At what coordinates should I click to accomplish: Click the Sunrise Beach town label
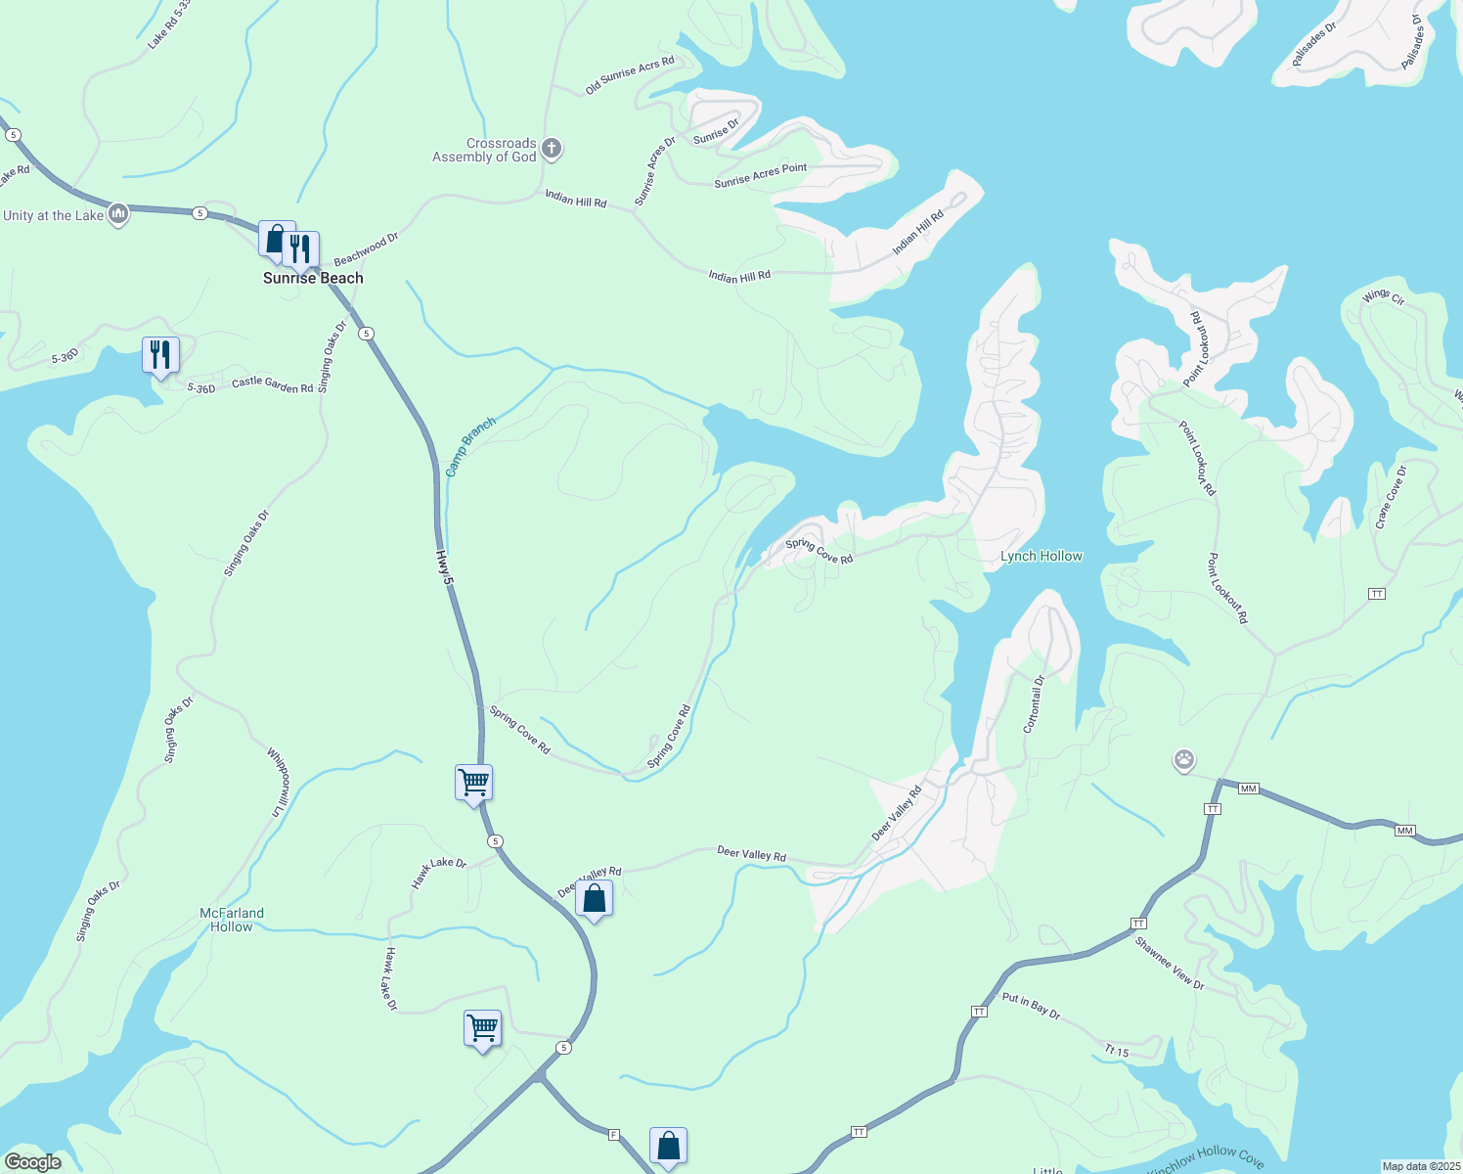[313, 278]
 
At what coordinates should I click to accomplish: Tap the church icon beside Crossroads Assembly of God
[552, 149]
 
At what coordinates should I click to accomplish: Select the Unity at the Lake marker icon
[118, 214]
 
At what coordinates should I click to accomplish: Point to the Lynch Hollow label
[1041, 556]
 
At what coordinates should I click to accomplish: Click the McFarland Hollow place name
[232, 920]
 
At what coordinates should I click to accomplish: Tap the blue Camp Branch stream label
[470, 447]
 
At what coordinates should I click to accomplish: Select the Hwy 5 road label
[446, 567]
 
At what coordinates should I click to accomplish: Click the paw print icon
[1184, 759]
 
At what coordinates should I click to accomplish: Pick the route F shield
[614, 1135]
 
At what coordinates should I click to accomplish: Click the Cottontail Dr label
[1034, 703]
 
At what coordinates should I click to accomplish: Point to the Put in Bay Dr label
[1031, 1007]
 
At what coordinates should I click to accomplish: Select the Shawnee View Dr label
[1170, 964]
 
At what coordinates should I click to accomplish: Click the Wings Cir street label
[1383, 296]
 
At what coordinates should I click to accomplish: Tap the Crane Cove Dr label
[1391, 497]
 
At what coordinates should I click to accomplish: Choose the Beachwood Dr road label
[366, 249]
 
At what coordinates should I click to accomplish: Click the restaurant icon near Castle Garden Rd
[160, 354]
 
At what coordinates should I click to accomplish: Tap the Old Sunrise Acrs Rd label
[630, 75]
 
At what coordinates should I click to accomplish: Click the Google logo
[33, 1162]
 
